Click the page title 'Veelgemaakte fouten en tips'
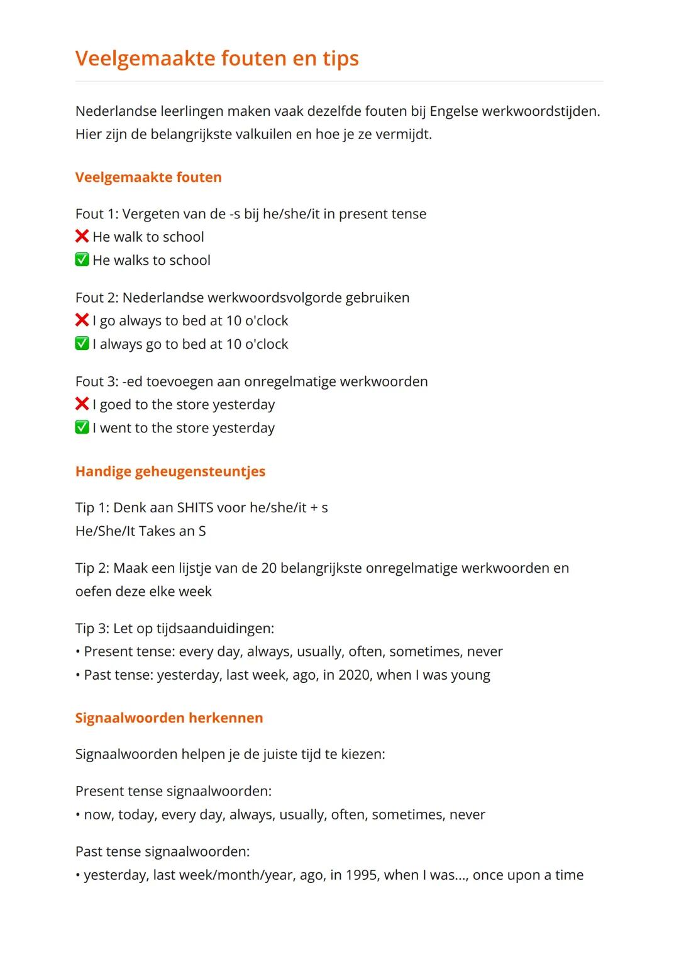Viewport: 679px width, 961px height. coord(217,59)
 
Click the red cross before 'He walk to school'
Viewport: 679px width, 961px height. coord(82,237)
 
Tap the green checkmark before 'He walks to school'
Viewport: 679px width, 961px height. coord(82,260)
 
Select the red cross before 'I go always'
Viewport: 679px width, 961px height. coord(82,320)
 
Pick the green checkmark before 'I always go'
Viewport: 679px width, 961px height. coord(82,344)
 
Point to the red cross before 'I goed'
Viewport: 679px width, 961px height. coord(82,404)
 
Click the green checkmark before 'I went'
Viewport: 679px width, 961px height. coord(82,427)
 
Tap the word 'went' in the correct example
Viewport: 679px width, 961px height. coord(115,428)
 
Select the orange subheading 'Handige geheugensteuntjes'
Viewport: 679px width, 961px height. coord(170,471)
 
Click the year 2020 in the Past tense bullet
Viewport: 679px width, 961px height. coord(354,675)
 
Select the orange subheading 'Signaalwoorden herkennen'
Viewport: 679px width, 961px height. coord(169,718)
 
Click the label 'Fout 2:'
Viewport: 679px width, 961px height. coord(97,298)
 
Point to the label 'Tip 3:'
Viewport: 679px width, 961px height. coord(92,629)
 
